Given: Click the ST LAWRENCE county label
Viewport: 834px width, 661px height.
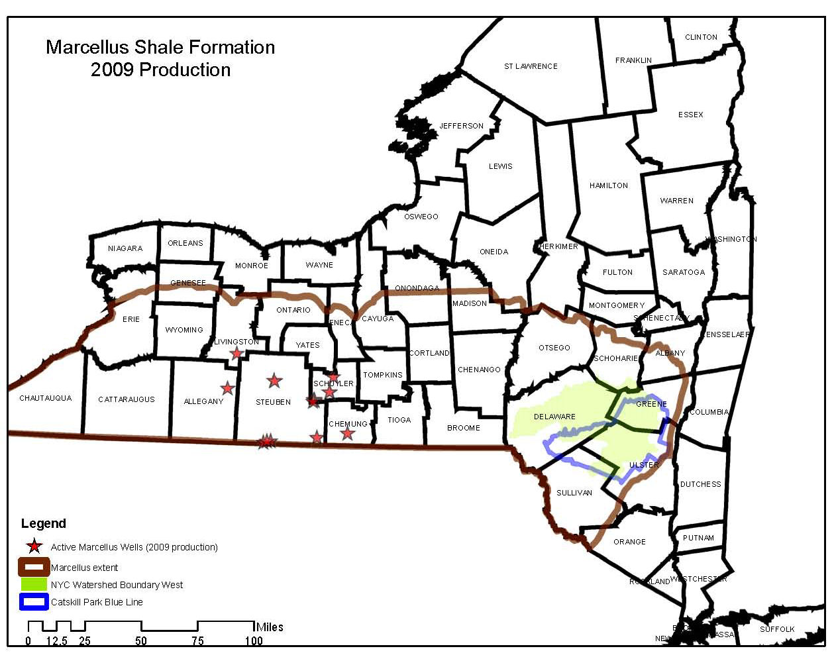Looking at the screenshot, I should (531, 66).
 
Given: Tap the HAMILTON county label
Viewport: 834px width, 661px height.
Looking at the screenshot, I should (608, 185).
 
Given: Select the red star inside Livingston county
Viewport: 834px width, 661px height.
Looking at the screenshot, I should (236, 353).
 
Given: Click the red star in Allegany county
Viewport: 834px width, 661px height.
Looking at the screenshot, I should (227, 388).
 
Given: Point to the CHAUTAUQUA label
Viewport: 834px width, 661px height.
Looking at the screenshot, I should (45, 398).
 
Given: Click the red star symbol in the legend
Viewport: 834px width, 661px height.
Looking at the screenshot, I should (34, 546).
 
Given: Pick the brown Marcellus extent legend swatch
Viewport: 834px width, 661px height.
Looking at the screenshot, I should (34, 567).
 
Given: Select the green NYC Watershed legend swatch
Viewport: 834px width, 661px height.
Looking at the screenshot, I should (34, 584).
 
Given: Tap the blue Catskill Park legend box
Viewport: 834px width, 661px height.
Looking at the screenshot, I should (34, 601).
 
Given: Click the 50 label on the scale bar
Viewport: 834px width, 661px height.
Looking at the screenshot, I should (141, 640).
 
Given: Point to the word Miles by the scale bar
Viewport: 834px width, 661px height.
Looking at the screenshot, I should (270, 627).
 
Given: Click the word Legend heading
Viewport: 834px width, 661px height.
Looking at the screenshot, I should (44, 523).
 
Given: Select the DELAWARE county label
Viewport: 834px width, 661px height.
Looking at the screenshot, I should (554, 417).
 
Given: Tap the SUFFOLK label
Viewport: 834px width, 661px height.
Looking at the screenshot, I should (777, 629).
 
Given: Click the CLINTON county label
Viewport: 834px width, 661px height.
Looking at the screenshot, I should (701, 37).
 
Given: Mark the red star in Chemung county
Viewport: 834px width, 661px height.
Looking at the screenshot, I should (347, 433).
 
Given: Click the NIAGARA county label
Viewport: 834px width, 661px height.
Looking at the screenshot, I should (125, 248).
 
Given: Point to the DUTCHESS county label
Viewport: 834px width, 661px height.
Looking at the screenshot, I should (700, 484).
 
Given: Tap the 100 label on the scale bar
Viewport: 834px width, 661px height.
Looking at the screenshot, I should (254, 640).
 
